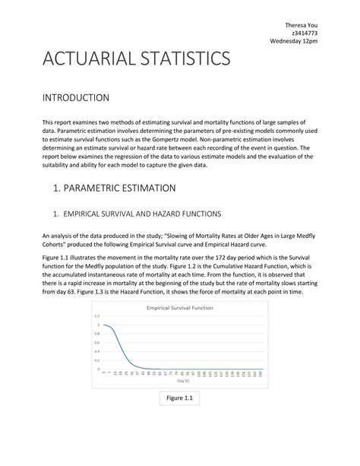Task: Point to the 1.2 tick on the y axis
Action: click(96, 315)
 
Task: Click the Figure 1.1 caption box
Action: click(179, 398)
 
